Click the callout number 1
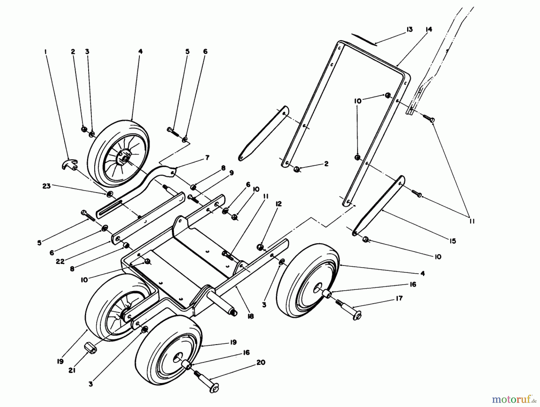point(45,51)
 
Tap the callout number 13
point(409,29)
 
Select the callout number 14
point(429,29)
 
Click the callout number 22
point(60,261)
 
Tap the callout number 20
point(261,362)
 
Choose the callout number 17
point(399,298)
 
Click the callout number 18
point(251,316)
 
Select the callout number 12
point(278,204)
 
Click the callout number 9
point(232,173)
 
